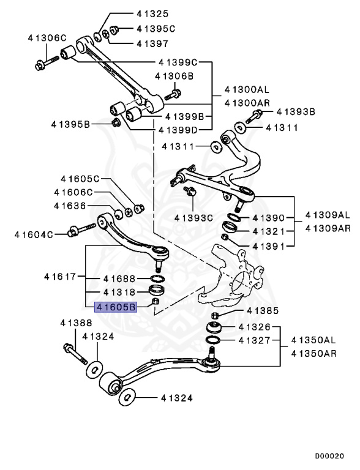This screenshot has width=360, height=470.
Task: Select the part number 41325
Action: pos(151,13)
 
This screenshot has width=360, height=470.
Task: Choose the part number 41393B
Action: pos(296,112)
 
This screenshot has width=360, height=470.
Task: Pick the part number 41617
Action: pos(60,277)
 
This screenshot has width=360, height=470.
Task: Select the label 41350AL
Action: pos(313,340)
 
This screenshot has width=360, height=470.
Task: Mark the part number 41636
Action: pos(69,206)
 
